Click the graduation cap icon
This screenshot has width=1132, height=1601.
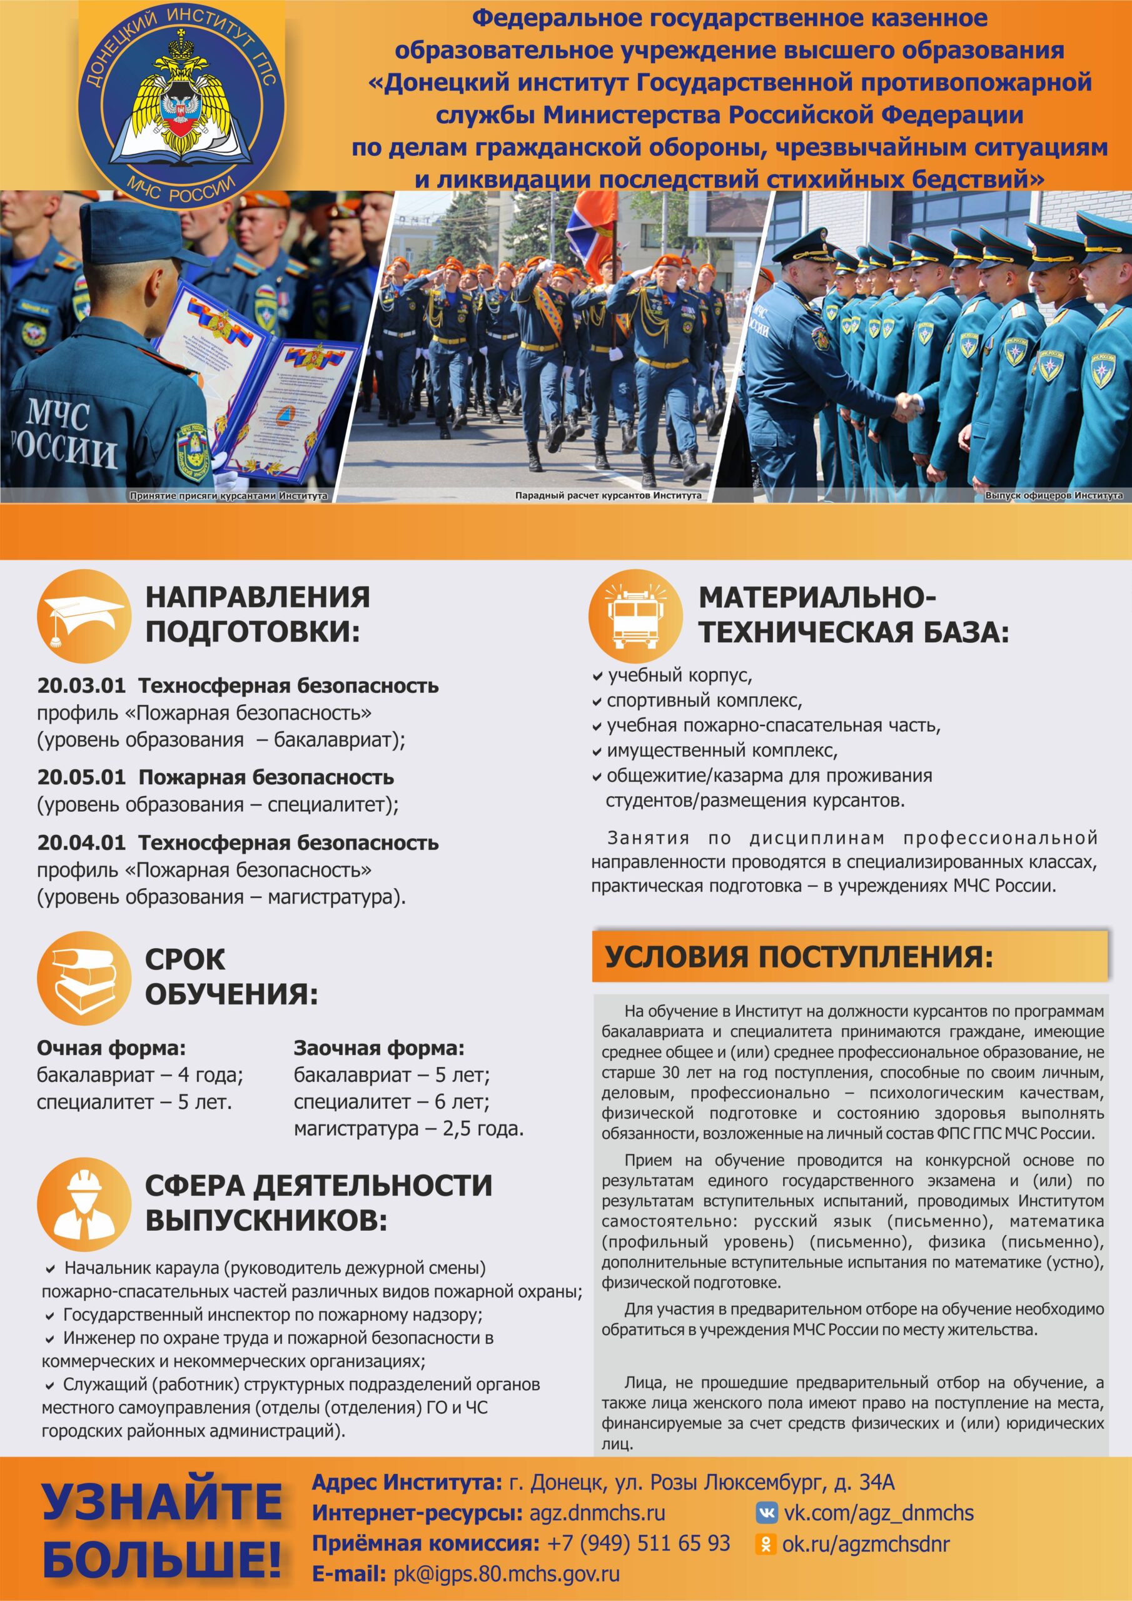tap(84, 616)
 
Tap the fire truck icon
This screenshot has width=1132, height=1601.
tap(635, 616)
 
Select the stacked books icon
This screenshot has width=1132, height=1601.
tap(84, 977)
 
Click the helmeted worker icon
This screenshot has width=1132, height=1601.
tap(84, 1205)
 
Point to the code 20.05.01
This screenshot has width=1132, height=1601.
tap(81, 777)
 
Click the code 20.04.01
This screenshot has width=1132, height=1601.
tap(81, 842)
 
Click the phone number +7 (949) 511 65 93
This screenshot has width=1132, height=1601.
tap(638, 1543)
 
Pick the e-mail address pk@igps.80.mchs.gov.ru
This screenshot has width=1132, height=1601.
tap(507, 1574)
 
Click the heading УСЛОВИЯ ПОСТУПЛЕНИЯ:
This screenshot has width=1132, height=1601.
tap(799, 957)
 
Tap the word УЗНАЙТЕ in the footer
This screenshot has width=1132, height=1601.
tap(163, 1502)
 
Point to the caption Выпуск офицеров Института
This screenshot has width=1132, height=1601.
tap(1053, 495)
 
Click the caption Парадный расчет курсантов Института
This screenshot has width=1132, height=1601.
tap(608, 495)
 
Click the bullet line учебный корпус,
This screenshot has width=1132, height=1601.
tap(679, 675)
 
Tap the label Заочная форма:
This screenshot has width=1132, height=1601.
tap(379, 1048)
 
